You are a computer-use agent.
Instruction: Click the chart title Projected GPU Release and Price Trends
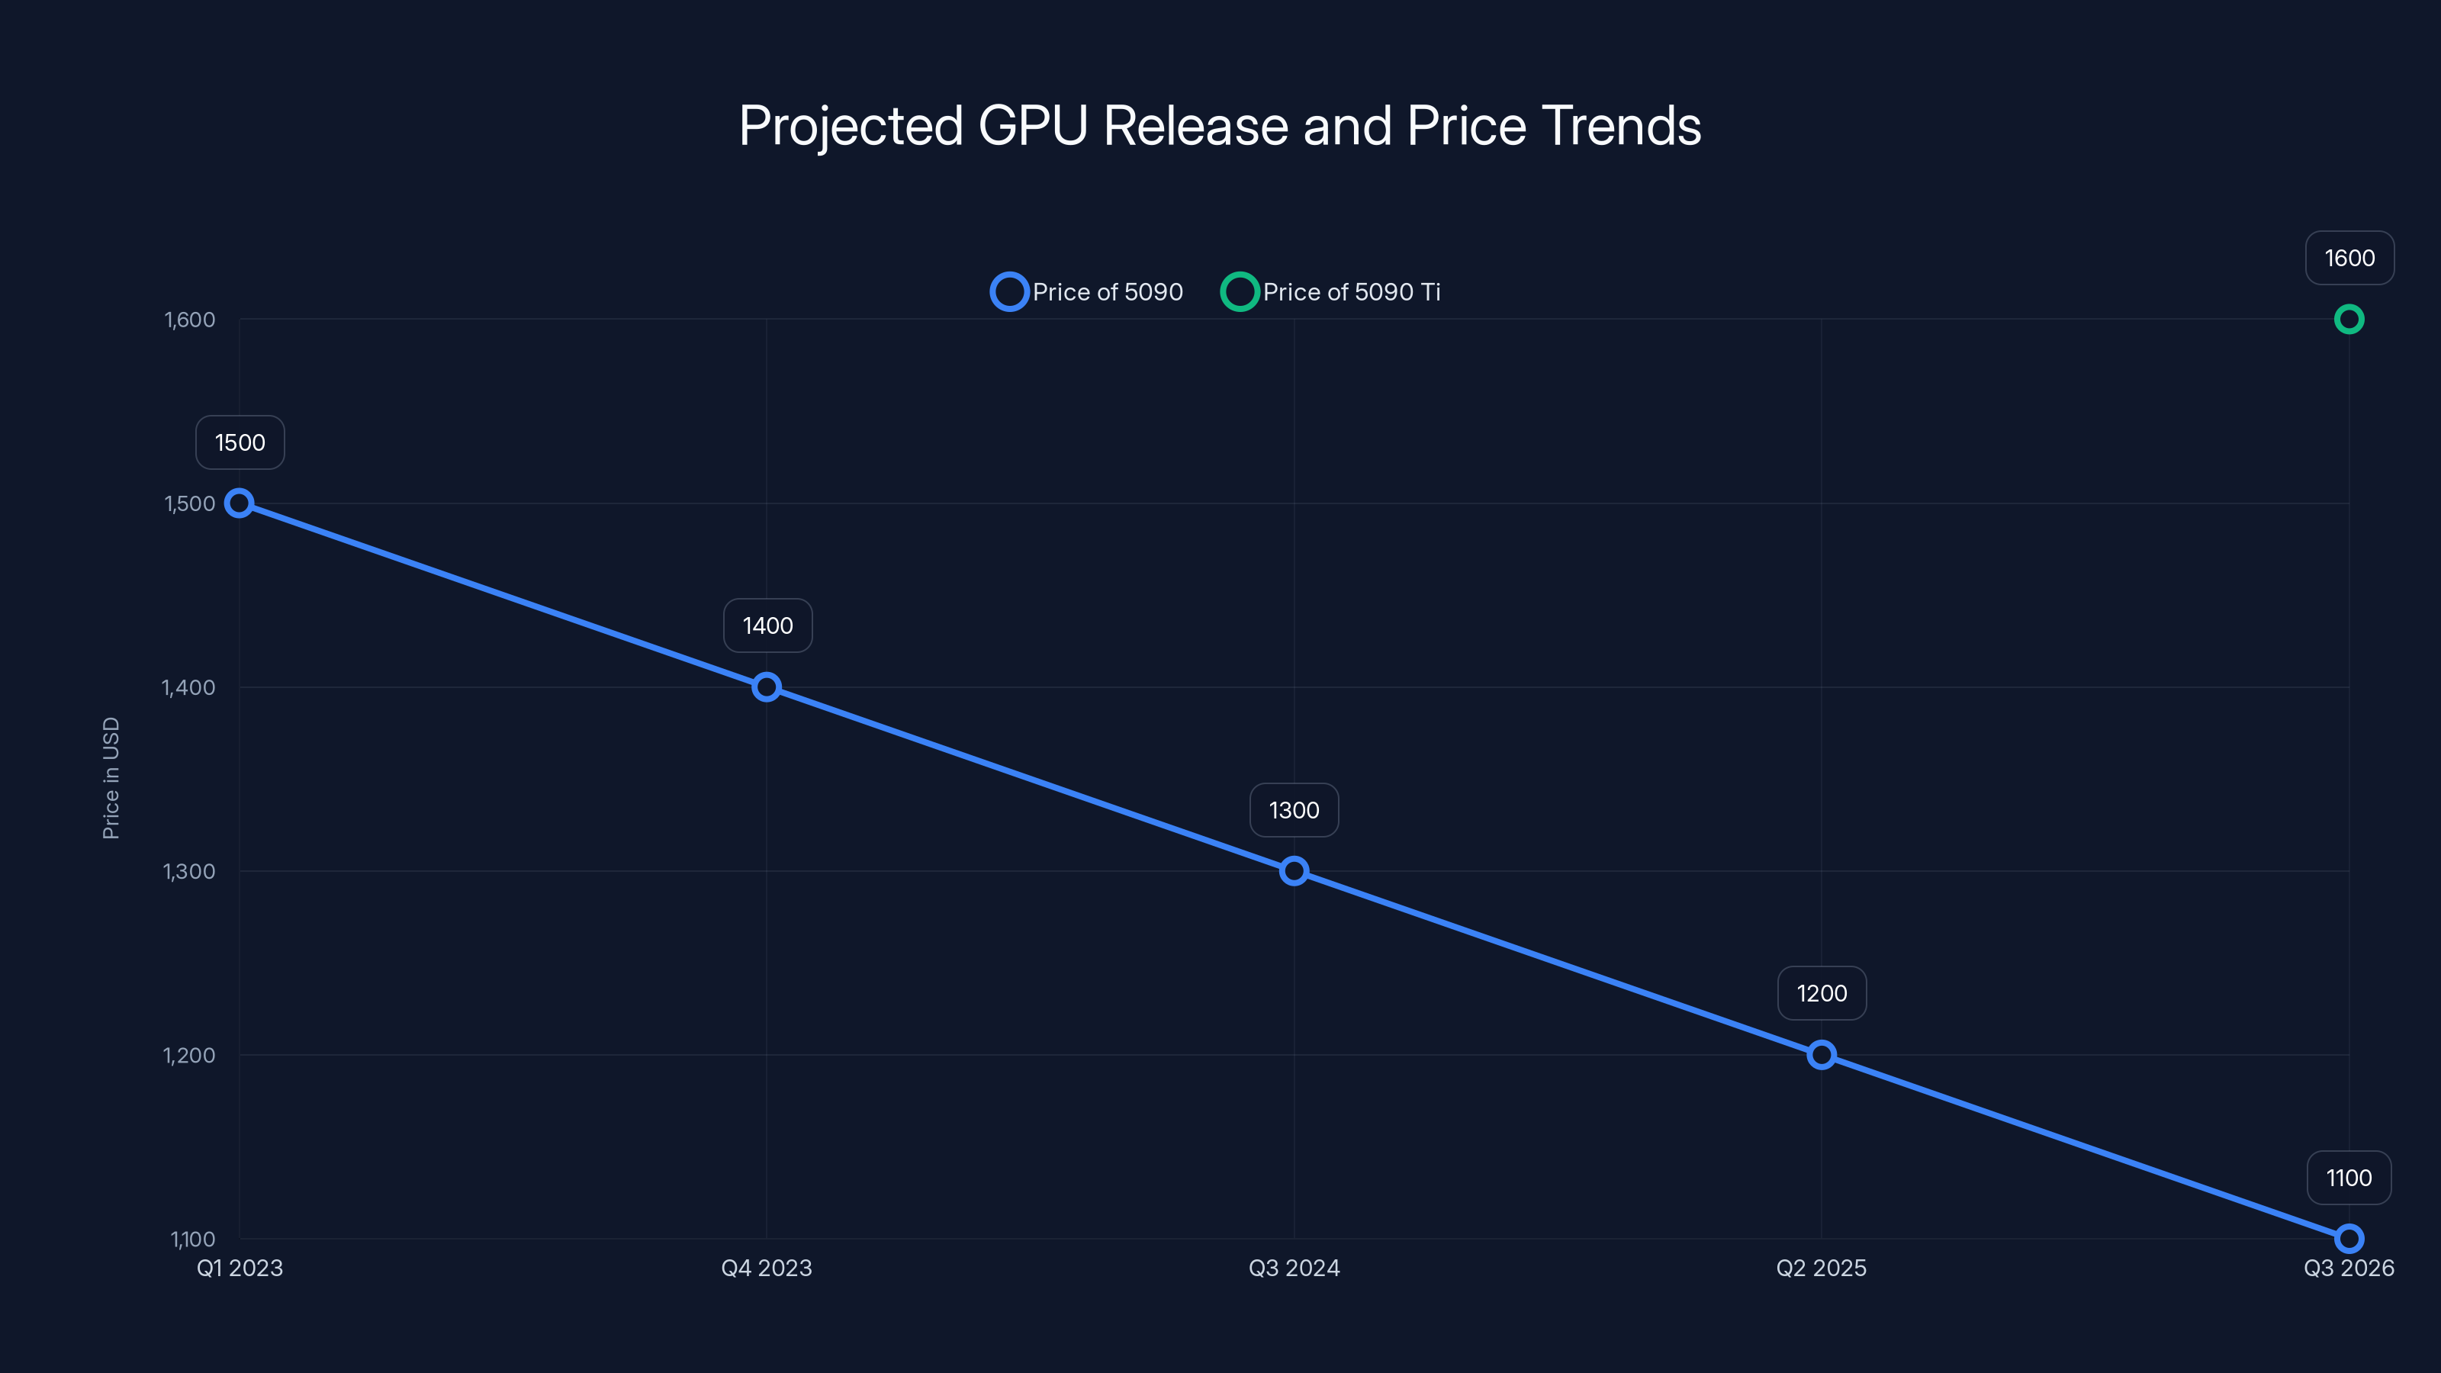[1220, 126]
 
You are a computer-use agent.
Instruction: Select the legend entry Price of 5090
[1087, 292]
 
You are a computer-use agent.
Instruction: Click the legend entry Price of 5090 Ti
[1331, 292]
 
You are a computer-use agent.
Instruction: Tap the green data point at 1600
[2348, 320]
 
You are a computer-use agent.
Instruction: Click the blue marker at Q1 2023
[240, 503]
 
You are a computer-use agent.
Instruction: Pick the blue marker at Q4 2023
[767, 687]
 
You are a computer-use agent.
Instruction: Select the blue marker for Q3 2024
[1294, 871]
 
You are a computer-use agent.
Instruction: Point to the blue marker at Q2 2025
[1820, 1055]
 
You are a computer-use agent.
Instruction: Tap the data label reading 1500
[240, 442]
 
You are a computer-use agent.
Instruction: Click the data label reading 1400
[767, 625]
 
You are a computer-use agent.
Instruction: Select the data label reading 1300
[1294, 810]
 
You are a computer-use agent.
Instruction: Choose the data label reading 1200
[1822, 993]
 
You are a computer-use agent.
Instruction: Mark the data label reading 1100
[2348, 1178]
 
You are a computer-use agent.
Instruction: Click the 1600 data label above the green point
[2349, 258]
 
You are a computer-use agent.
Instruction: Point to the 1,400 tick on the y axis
[188, 687]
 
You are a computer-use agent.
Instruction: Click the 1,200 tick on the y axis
[188, 1055]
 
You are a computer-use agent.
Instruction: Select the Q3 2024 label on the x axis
[1294, 1268]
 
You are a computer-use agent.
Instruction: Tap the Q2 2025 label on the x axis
[1820, 1268]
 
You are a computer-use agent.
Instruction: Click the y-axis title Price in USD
[111, 777]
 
